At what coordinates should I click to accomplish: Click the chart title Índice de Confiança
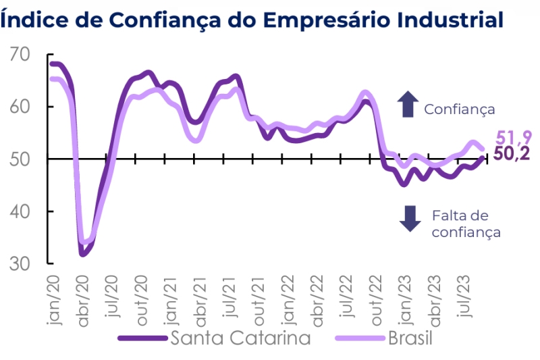252,20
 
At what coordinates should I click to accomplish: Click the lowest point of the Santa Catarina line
83,254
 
